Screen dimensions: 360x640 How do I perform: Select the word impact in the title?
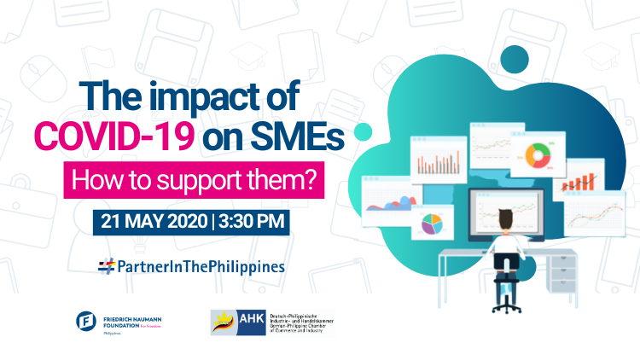point(199,96)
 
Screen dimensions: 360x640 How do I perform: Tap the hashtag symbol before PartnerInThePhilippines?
point(106,266)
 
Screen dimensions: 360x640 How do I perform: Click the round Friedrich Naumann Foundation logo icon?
point(86,321)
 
